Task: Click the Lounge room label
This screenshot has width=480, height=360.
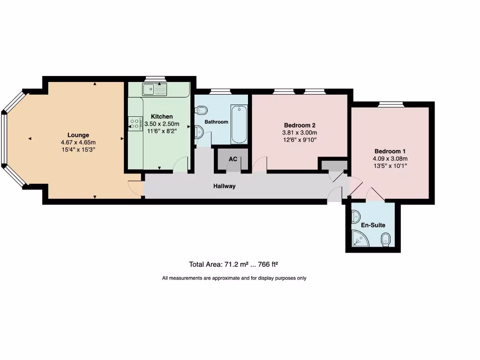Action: click(x=78, y=135)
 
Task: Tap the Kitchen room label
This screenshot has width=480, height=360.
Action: click(x=162, y=116)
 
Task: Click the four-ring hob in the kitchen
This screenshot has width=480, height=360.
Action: click(x=134, y=123)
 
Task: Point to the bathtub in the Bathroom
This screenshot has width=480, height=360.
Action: click(x=239, y=124)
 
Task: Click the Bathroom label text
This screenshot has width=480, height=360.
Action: click(x=216, y=122)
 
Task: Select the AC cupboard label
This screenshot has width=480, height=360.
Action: click(x=232, y=159)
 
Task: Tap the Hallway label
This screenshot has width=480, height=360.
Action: click(x=225, y=186)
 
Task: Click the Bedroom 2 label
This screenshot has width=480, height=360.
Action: click(x=300, y=125)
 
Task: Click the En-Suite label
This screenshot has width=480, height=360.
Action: click(x=373, y=225)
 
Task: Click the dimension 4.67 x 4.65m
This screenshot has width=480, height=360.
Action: click(x=78, y=142)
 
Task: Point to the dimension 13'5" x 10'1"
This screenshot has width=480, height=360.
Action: click(x=390, y=165)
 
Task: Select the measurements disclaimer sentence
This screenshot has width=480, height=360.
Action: click(x=234, y=278)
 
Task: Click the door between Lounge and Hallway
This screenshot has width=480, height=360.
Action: click(x=136, y=186)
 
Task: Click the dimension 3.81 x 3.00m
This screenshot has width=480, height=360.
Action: click(x=300, y=133)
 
